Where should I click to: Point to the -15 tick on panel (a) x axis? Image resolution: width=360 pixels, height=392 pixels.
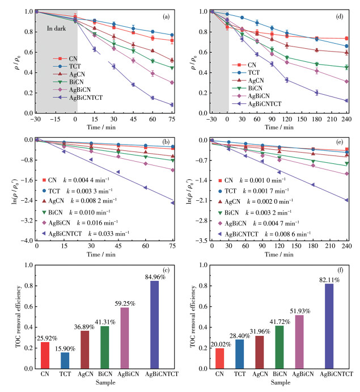56,121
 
